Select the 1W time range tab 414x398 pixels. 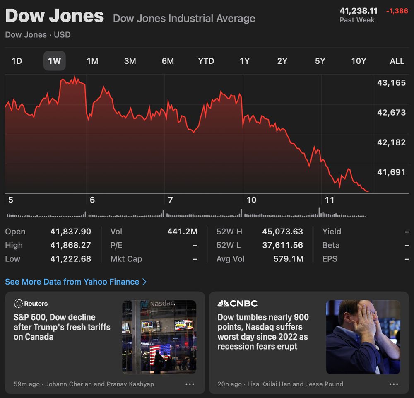54,61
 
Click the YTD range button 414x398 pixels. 206,61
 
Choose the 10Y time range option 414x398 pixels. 359,61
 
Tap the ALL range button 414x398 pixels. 397,61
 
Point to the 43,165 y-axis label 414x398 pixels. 391,83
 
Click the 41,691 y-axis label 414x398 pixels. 391,172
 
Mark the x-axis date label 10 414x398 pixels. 251,200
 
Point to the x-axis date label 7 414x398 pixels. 170,200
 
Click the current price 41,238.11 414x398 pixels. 359,11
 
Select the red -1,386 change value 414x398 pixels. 397,11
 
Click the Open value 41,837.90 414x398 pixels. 70,232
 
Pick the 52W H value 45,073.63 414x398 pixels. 282,232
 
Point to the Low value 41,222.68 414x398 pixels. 70,259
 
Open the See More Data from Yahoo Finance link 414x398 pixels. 76,282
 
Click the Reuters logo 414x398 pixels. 31,304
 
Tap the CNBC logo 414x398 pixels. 238,304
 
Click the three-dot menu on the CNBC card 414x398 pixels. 394,384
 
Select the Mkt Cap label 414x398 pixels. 126,259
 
